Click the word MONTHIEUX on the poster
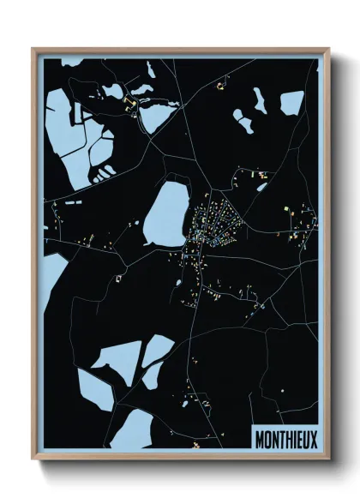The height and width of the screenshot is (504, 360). click(x=285, y=438)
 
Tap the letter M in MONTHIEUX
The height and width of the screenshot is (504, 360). click(x=259, y=438)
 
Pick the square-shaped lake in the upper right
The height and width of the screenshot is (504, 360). click(x=291, y=103)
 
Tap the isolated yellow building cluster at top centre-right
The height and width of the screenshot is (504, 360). click(x=221, y=84)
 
